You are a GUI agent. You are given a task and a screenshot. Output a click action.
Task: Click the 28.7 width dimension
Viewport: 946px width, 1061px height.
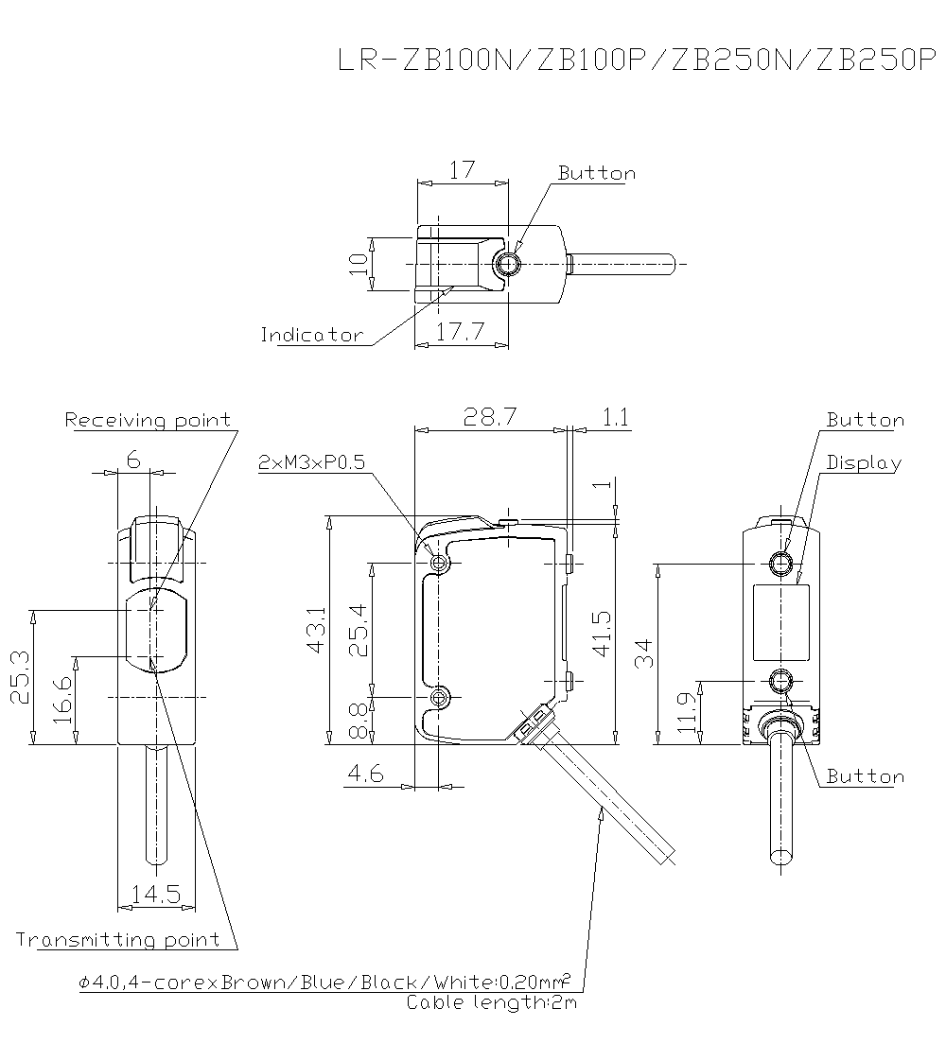point(489,417)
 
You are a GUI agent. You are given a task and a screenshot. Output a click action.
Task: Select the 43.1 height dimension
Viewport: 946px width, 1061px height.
point(316,630)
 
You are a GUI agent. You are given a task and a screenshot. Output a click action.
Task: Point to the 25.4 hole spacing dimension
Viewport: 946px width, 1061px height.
point(359,630)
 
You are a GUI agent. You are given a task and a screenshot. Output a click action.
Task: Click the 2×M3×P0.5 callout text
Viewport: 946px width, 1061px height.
point(311,462)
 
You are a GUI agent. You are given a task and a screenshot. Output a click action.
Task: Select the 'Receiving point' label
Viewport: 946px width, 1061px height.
point(148,420)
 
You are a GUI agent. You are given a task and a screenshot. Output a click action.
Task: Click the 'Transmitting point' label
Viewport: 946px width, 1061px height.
point(117,939)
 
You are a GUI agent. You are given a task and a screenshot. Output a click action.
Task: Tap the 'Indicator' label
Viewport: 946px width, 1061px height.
point(311,335)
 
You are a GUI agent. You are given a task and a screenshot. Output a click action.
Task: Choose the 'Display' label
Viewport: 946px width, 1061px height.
point(864,462)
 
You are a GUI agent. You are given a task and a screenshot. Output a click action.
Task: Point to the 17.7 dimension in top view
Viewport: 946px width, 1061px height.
point(462,332)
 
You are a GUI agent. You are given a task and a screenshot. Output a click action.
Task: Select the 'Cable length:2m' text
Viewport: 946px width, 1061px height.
point(491,1002)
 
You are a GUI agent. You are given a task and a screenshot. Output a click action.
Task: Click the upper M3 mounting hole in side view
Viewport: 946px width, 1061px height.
point(439,564)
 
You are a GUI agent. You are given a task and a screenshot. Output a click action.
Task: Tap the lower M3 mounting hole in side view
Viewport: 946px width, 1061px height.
point(439,698)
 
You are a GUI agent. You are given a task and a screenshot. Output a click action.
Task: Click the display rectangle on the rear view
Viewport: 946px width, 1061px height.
point(781,622)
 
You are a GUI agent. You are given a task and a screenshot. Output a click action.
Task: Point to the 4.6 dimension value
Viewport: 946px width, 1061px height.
point(365,774)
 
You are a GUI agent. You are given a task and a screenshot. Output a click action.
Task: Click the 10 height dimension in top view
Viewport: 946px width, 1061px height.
point(358,263)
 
